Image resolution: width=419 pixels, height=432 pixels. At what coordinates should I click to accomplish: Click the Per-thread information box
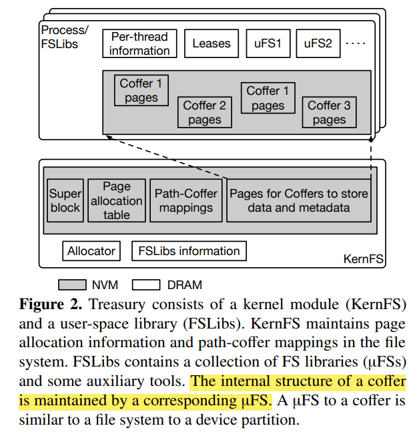point(139,43)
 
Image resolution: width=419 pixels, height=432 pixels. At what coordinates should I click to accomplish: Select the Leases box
point(211,43)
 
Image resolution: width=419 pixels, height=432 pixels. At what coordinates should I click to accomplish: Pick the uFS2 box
point(317,43)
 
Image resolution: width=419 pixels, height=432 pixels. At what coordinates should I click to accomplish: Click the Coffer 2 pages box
point(204,112)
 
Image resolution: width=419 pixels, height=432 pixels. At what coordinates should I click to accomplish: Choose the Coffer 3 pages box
point(329,112)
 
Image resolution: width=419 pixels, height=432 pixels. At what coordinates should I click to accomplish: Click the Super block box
point(65,200)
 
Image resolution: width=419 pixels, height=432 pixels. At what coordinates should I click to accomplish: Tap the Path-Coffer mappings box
point(186,200)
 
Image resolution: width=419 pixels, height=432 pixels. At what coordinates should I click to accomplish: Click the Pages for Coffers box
point(298,200)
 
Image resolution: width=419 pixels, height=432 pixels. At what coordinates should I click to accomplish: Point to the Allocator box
point(91,251)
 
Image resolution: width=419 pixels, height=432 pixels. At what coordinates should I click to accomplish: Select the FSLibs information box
point(189,251)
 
